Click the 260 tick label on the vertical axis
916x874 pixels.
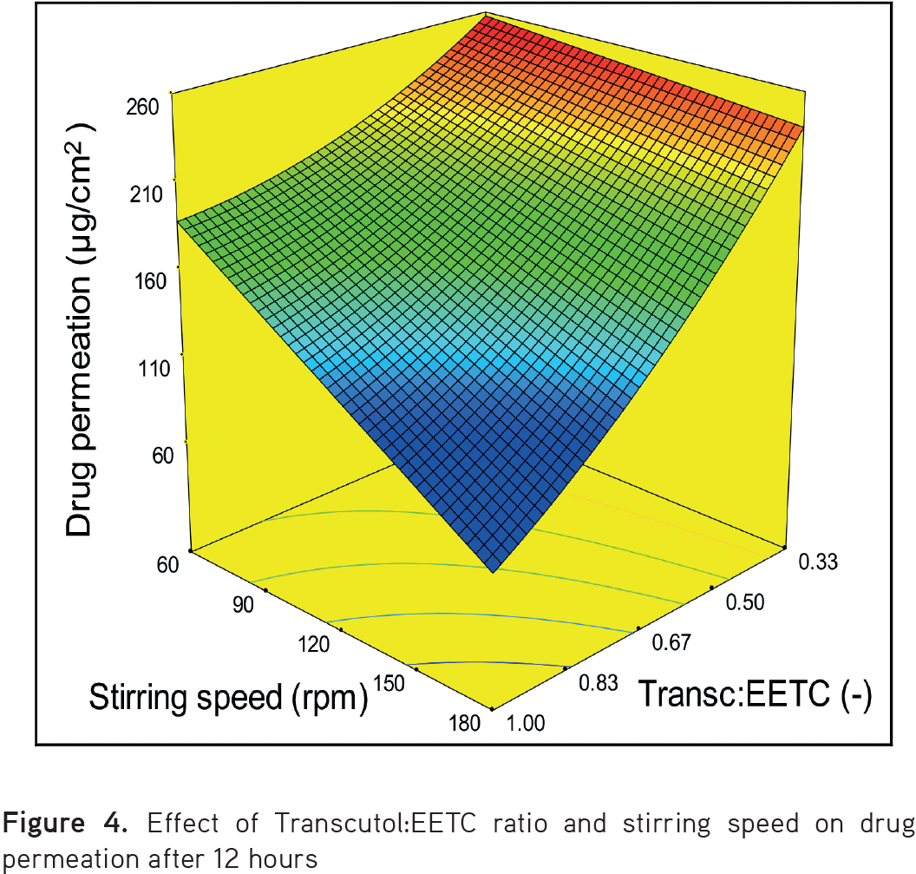(141, 108)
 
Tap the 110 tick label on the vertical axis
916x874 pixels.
(141, 368)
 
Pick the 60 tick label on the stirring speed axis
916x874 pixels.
(167, 565)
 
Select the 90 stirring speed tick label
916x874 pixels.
(238, 605)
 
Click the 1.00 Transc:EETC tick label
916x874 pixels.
(525, 723)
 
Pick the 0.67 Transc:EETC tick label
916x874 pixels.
(671, 642)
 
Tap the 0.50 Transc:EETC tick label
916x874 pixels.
(743, 602)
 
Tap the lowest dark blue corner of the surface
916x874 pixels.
(494, 571)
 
